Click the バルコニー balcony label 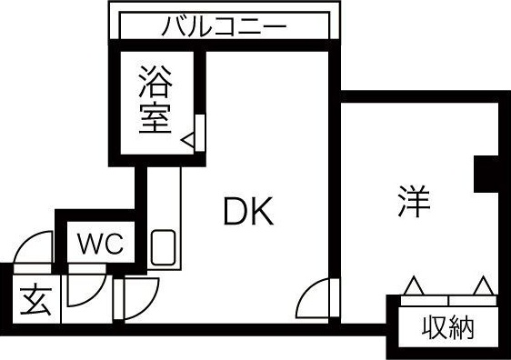[x=224, y=25]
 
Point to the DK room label [x=248, y=214]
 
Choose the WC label [x=99, y=244]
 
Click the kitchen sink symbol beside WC [x=164, y=247]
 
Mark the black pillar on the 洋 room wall [x=487, y=173]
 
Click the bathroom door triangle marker [x=187, y=140]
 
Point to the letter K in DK [x=262, y=214]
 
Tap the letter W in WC [x=90, y=244]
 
